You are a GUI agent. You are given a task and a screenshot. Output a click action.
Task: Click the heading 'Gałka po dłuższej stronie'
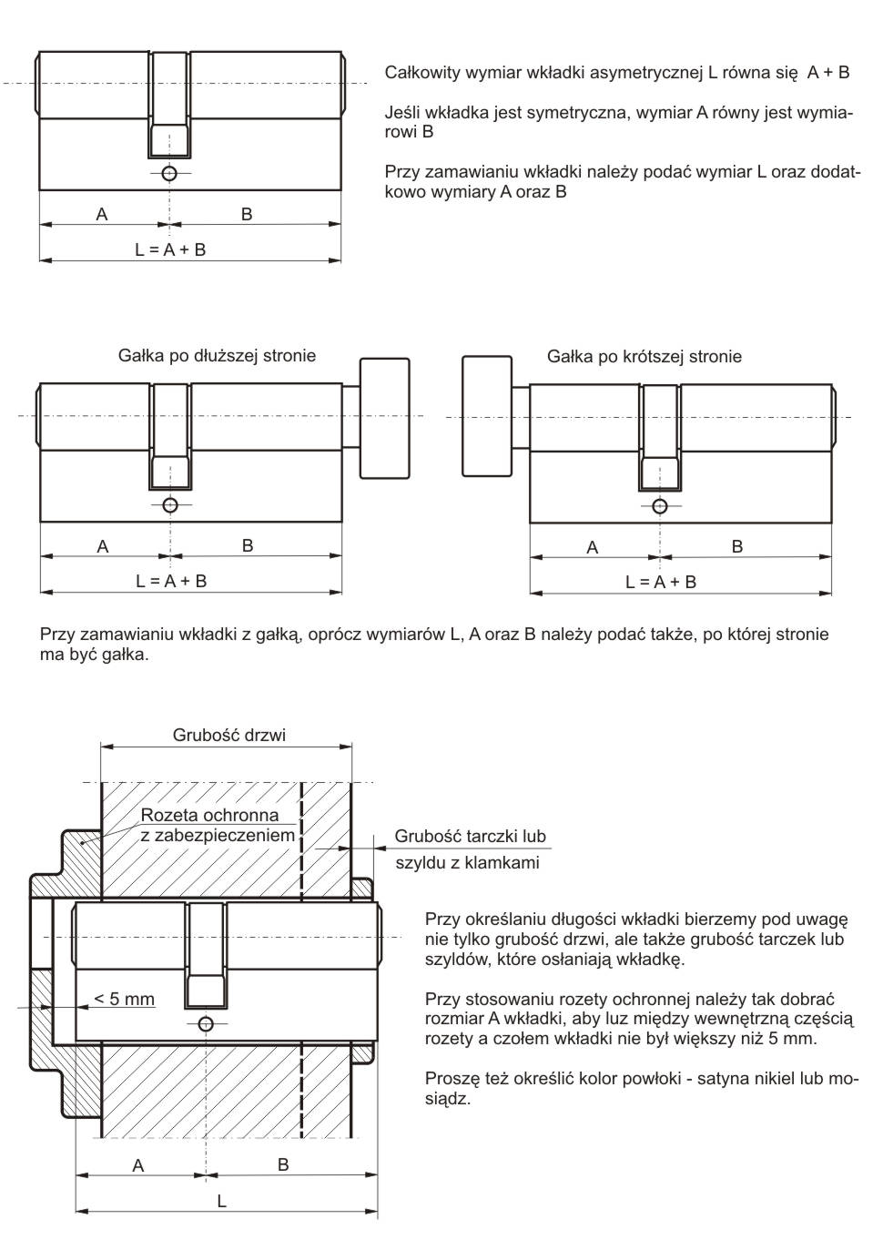pyautogui.click(x=217, y=356)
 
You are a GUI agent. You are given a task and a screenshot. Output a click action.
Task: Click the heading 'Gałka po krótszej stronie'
pyautogui.click(x=644, y=357)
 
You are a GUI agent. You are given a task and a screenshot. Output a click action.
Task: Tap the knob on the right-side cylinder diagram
pyautogui.click(x=385, y=417)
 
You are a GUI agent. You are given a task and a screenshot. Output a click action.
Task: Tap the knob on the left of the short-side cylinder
pyautogui.click(x=487, y=415)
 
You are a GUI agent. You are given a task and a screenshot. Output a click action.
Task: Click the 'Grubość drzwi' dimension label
pyautogui.click(x=228, y=735)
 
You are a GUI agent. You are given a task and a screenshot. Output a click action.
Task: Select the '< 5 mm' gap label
pyautogui.click(x=125, y=999)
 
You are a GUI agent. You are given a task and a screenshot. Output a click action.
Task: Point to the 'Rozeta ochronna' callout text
pyautogui.click(x=209, y=815)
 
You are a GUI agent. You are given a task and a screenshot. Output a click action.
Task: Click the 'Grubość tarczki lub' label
pyautogui.click(x=470, y=836)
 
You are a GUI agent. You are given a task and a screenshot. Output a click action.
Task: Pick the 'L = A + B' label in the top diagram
pyautogui.click(x=170, y=249)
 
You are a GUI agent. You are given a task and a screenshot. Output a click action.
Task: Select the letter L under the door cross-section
pyautogui.click(x=221, y=1202)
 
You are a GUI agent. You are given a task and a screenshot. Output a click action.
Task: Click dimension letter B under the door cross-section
pyautogui.click(x=283, y=1164)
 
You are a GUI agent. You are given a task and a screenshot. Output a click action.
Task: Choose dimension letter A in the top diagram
pyautogui.click(x=102, y=214)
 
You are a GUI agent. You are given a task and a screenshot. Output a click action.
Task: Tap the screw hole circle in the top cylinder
pyautogui.click(x=169, y=174)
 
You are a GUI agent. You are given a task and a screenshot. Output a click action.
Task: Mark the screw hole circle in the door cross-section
pyautogui.click(x=206, y=1024)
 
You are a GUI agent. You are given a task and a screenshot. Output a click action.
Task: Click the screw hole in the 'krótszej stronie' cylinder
pyautogui.click(x=660, y=506)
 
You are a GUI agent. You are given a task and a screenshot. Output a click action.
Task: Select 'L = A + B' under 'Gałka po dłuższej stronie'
pyautogui.click(x=171, y=581)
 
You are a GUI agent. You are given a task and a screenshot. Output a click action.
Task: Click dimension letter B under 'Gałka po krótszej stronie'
pyautogui.click(x=737, y=546)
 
